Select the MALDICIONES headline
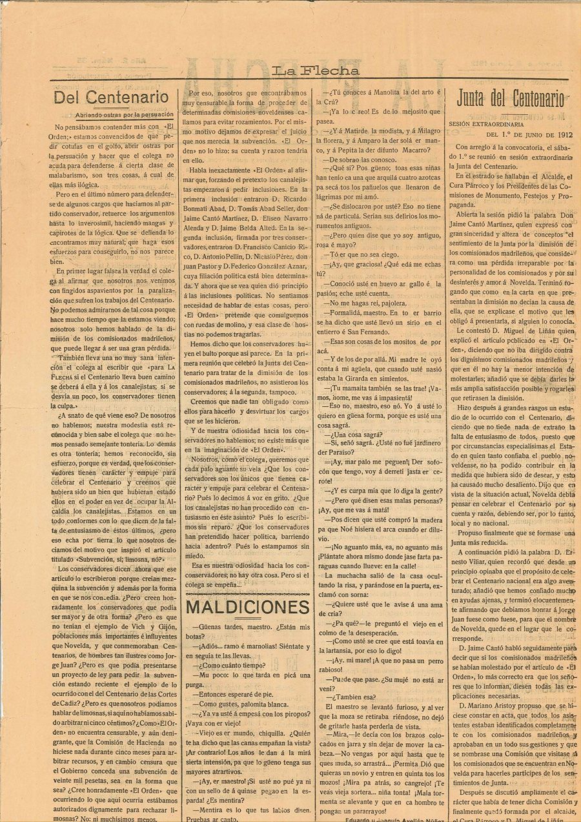click(x=248, y=607)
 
